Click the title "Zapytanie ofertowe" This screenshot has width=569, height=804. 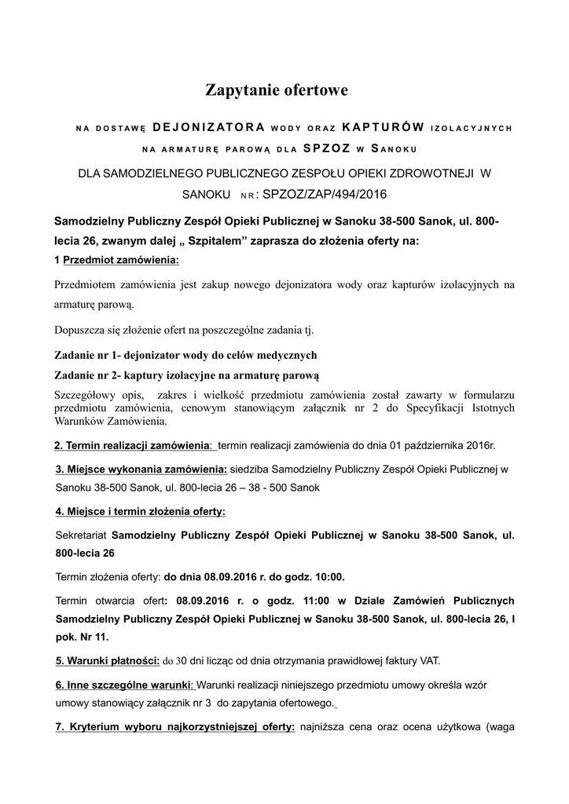(276, 91)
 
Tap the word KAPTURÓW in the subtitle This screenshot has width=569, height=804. (384, 127)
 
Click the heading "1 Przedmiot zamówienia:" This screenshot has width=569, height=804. (117, 260)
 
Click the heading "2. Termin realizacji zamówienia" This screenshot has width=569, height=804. (132, 446)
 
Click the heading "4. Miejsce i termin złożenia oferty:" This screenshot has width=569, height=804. (140, 512)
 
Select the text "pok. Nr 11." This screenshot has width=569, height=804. (83, 637)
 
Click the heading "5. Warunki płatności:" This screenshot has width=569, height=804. (108, 660)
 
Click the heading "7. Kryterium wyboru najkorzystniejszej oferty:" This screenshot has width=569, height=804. (175, 727)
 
